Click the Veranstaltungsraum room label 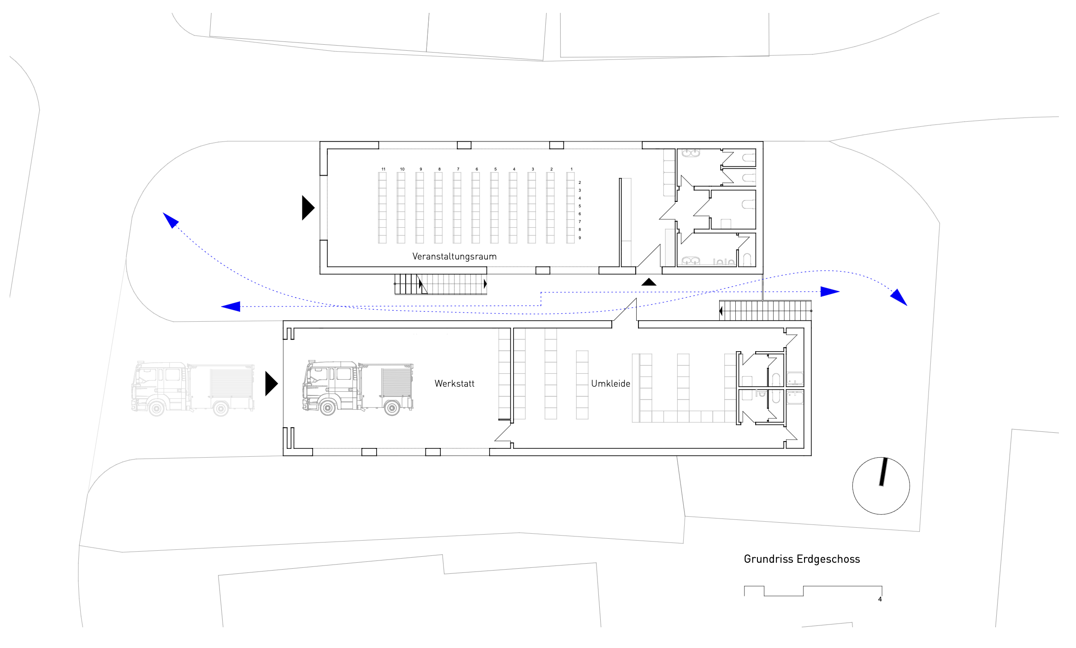pyautogui.click(x=455, y=256)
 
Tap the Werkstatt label pyautogui.click(x=455, y=383)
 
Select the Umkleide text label pyautogui.click(x=611, y=383)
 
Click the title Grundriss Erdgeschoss pyautogui.click(x=802, y=559)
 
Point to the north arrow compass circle pyautogui.click(x=853, y=486)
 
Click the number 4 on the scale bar pyautogui.click(x=880, y=599)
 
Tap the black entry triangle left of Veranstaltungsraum pyautogui.click(x=308, y=208)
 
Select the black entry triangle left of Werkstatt pyautogui.click(x=272, y=383)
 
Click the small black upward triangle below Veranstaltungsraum pyautogui.click(x=649, y=282)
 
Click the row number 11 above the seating pyautogui.click(x=384, y=169)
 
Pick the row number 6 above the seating pyautogui.click(x=477, y=169)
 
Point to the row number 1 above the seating pyautogui.click(x=572, y=169)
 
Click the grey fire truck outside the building pyautogui.click(x=193, y=389)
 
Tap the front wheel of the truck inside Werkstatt pyautogui.click(x=328, y=407)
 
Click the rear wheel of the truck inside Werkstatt pyautogui.click(x=392, y=407)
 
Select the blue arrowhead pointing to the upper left pyautogui.click(x=170, y=219)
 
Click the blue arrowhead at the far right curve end pyautogui.click(x=899, y=297)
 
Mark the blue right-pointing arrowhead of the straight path pyautogui.click(x=830, y=291)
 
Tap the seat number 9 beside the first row pyautogui.click(x=580, y=238)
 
